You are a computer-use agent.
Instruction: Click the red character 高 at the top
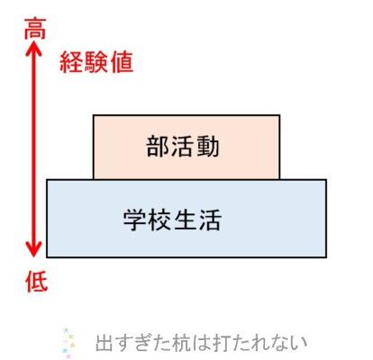tap(35, 29)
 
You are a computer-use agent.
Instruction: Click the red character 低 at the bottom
tap(36, 282)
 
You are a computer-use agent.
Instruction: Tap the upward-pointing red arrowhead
tap(33, 49)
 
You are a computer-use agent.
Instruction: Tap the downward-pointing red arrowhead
tap(33, 248)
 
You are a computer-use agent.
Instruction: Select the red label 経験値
tap(96, 62)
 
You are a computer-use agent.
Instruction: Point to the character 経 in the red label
tap(71, 62)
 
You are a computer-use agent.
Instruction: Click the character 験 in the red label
tap(96, 62)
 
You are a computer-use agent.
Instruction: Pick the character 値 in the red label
tap(122, 62)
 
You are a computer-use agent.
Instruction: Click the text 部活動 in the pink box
tap(183, 147)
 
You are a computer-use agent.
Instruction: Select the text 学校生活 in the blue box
tap(172, 220)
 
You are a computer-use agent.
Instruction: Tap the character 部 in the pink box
tap(159, 147)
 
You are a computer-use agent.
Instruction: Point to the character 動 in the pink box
tap(208, 147)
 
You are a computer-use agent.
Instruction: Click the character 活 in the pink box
tap(183, 147)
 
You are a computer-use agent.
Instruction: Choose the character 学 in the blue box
tap(135, 220)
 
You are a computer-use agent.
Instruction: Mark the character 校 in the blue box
tap(159, 220)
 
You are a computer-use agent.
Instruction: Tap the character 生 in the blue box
tap(185, 220)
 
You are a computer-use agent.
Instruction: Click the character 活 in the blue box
tap(210, 220)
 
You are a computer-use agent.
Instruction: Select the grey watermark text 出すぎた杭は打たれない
tap(201, 343)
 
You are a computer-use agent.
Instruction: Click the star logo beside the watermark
tap(68, 343)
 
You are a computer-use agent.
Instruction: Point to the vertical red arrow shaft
tap(33, 148)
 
